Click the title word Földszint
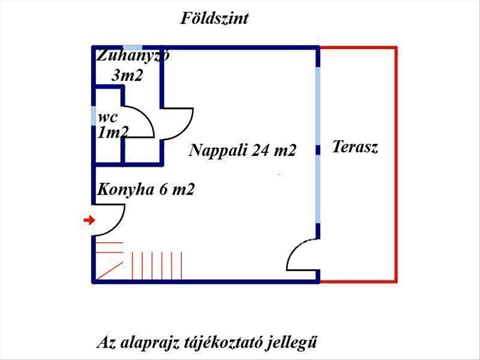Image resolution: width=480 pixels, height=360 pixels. point(214,18)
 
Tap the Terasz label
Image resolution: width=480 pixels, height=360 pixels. point(355,147)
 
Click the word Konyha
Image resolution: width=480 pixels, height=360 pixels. point(125,190)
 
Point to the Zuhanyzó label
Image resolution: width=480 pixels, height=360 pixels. point(133,55)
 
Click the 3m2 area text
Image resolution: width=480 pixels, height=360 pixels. point(127,75)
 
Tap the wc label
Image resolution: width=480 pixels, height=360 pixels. point(108,118)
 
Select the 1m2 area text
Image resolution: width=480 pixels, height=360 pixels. point(113,132)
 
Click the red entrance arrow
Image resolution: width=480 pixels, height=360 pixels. point(89,220)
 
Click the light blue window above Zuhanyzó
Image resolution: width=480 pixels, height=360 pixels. point(132,48)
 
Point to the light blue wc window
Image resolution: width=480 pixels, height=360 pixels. point(94,116)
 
